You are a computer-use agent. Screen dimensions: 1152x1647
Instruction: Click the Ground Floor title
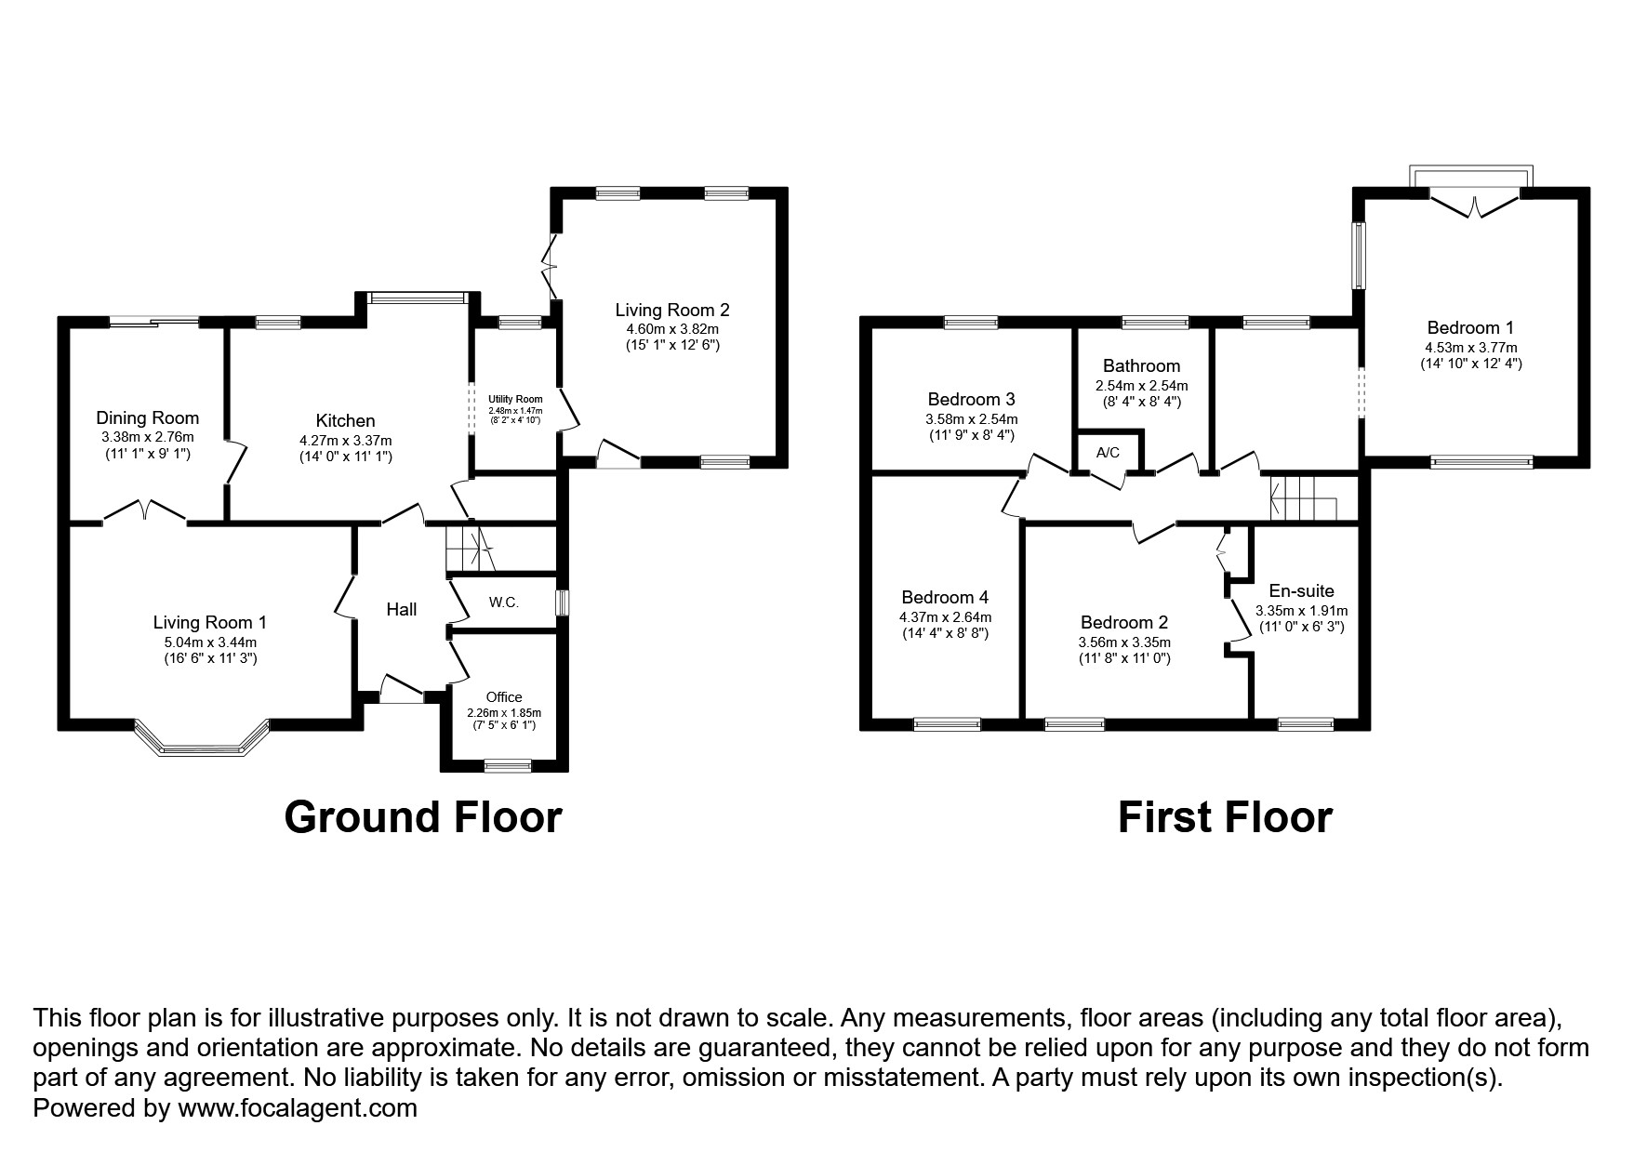pyautogui.click(x=423, y=817)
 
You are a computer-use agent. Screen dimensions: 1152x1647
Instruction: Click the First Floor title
pyautogui.click(x=1224, y=817)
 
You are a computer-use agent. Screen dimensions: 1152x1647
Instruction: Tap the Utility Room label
pyautogui.click(x=515, y=399)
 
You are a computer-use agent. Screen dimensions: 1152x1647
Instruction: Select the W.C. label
pyautogui.click(x=503, y=602)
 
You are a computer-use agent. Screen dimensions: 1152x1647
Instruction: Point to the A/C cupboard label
pyautogui.click(x=1108, y=453)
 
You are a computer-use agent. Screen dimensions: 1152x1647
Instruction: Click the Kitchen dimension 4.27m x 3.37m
pyautogui.click(x=345, y=440)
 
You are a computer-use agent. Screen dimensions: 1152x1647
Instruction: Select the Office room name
pyautogui.click(x=504, y=696)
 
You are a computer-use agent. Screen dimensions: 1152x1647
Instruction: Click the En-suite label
pyautogui.click(x=1301, y=590)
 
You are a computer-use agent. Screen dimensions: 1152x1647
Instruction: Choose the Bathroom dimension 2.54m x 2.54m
pyautogui.click(x=1141, y=385)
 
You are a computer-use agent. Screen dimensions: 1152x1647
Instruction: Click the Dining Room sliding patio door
pyautogui.click(x=153, y=322)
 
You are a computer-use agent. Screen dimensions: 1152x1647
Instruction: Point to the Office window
pyautogui.click(x=508, y=766)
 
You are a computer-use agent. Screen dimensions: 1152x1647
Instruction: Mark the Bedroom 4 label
pyautogui.click(x=945, y=597)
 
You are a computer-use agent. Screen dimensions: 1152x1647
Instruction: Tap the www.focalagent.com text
pyautogui.click(x=297, y=1108)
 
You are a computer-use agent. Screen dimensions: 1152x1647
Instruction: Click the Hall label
pyautogui.click(x=401, y=609)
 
